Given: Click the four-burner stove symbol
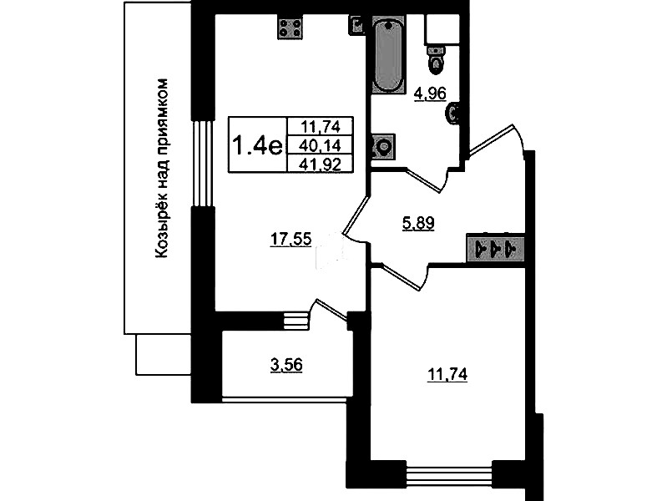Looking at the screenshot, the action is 291,27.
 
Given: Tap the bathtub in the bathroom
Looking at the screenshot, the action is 388,53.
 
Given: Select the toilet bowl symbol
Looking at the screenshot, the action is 435,58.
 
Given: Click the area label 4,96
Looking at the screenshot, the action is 430,94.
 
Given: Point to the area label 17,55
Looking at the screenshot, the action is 291,239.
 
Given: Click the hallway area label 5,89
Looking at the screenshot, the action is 418,223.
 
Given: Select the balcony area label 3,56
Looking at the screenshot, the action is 286,365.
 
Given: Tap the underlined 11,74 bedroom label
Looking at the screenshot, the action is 447,375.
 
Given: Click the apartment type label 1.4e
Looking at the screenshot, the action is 257,145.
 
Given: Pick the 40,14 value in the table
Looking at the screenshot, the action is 320,145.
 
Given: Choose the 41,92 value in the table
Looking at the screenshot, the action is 320,164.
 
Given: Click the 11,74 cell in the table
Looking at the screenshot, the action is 321,126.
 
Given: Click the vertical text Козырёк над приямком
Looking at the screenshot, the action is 163,168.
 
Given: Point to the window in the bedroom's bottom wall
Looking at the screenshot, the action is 449,473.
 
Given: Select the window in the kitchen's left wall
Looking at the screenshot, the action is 203,163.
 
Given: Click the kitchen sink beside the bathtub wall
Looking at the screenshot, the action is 356,24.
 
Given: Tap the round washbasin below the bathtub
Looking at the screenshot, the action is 383,147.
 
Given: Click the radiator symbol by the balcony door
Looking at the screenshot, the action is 296,320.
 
